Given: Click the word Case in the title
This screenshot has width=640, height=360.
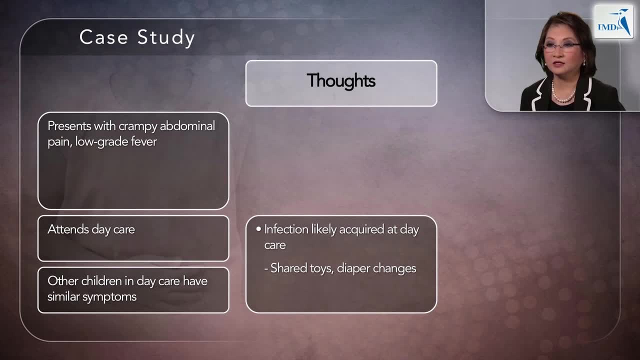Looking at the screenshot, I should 104,37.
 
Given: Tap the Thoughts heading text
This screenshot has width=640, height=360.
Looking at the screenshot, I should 341,80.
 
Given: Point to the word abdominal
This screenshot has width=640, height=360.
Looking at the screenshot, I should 187,125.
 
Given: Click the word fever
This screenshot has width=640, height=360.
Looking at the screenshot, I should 144,141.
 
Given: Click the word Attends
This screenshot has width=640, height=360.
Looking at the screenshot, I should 68,229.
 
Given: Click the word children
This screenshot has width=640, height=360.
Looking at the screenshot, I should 101,281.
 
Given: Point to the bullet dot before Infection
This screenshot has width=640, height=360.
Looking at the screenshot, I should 258,229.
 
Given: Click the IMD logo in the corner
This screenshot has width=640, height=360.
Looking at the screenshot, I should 613,22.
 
